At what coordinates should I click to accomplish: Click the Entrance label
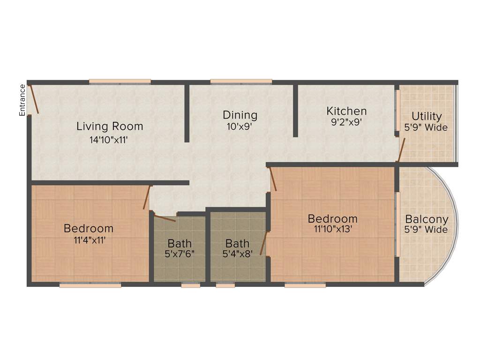click(22, 100)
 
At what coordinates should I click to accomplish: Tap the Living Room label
click(110, 126)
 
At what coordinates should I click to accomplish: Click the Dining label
click(240, 115)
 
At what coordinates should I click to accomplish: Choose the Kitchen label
click(346, 111)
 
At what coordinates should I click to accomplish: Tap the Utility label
click(427, 116)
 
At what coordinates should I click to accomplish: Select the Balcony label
click(427, 219)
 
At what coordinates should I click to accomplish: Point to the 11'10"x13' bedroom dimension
click(332, 229)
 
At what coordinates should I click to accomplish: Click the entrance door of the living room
click(34, 99)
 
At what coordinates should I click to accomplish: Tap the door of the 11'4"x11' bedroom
click(147, 197)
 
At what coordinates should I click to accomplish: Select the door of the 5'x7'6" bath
click(165, 218)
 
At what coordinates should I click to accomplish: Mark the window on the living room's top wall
click(120, 82)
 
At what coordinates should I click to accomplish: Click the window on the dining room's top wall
click(241, 82)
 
